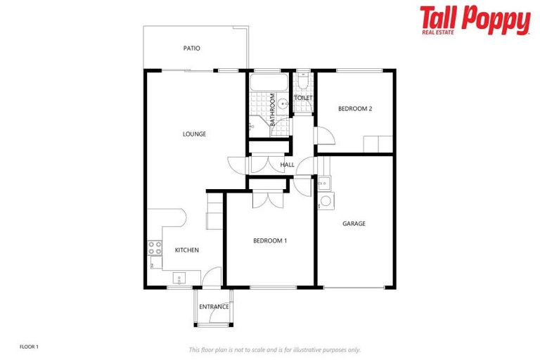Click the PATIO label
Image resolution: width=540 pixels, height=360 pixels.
click(191, 49)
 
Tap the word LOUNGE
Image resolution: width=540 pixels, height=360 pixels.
click(194, 134)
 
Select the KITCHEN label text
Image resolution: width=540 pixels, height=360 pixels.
click(186, 250)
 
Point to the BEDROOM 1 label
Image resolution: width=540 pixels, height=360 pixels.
click(270, 240)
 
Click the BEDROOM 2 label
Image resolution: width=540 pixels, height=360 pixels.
click(354, 108)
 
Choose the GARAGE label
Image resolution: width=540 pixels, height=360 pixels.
click(354, 224)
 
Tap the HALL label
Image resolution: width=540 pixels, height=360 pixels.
click(287, 165)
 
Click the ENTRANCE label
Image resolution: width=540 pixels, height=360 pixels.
click(214, 307)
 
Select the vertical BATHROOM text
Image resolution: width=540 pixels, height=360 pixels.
click(272, 109)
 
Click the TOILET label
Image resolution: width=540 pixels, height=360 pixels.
click(304, 98)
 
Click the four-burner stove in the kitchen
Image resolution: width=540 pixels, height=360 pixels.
click(155, 248)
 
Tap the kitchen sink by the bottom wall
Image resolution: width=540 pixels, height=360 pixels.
click(179, 278)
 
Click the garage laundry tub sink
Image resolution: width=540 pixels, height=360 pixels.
click(324, 184)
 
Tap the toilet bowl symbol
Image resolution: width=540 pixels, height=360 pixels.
click(302, 83)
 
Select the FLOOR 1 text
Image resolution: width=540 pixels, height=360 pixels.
click(29, 347)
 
